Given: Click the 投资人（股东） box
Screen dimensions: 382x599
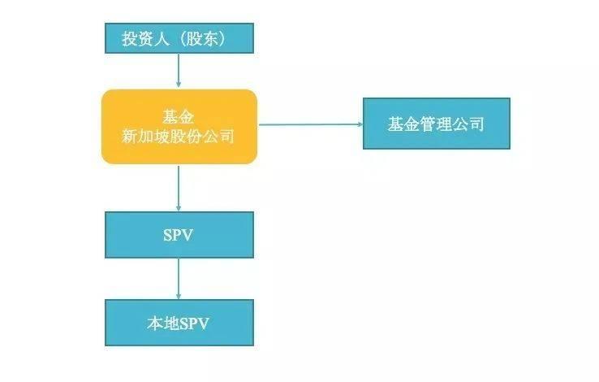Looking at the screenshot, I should click(x=179, y=39).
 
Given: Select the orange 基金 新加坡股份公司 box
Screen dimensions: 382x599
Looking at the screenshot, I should click(x=179, y=126).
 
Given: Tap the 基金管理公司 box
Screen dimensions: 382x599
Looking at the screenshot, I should click(x=436, y=124).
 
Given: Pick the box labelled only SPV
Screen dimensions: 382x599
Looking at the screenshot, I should click(x=179, y=235).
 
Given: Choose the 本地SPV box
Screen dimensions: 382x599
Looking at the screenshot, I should click(x=179, y=322).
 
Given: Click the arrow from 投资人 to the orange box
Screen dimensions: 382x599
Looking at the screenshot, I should click(x=179, y=72).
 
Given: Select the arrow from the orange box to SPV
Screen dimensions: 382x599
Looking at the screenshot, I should click(x=179, y=187).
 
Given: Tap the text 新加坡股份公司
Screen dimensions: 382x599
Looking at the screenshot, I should click(x=178, y=136).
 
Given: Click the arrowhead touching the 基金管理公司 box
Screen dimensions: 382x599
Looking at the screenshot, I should click(x=358, y=124).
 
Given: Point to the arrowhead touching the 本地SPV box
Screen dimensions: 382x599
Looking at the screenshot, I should click(x=179, y=295).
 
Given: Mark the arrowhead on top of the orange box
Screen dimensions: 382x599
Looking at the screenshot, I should click(x=179, y=85).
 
